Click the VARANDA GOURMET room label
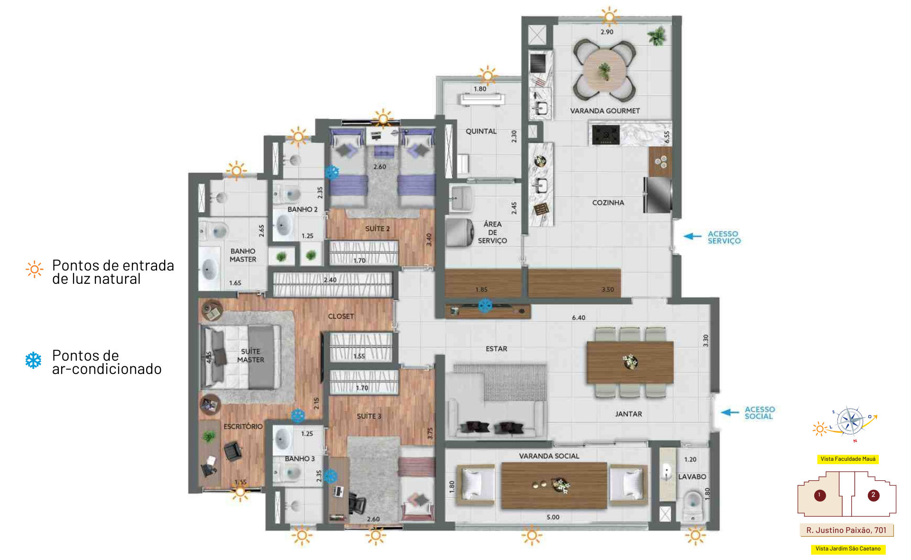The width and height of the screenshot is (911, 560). click(605, 111)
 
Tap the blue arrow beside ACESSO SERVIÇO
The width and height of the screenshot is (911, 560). click(692, 236)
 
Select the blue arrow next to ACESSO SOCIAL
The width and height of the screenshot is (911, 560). click(730, 412)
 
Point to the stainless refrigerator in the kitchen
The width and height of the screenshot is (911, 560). click(658, 195)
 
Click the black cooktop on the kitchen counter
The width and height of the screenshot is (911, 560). click(605, 134)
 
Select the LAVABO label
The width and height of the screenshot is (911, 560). click(692, 476)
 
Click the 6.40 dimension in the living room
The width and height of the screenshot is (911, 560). click(578, 317)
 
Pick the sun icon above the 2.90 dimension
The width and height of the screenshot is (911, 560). click(609, 17)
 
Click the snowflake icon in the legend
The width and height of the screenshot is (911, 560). click(33, 361)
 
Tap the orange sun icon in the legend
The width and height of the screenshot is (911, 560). click(34, 270)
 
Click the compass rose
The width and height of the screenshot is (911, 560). click(850, 421)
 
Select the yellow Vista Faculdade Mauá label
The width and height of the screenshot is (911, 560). click(848, 459)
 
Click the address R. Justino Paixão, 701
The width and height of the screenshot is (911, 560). click(846, 530)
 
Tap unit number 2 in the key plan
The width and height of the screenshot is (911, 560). click(873, 495)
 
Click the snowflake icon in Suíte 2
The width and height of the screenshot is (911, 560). click(332, 172)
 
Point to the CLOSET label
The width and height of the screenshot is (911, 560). click(341, 316)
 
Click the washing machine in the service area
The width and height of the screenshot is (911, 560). click(460, 232)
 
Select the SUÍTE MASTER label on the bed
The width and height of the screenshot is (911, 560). click(251, 355)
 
